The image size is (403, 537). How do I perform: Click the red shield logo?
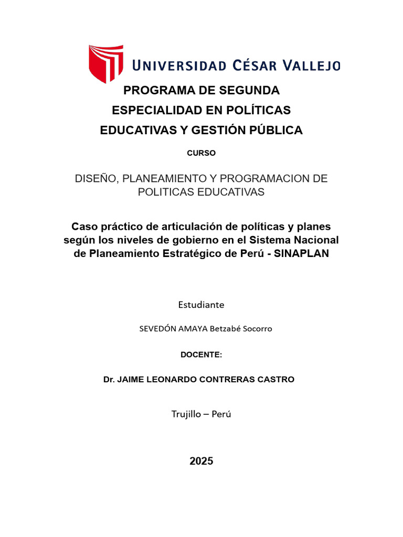106,63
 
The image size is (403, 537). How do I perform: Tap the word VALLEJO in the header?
312,66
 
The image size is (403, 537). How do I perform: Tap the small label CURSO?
201,153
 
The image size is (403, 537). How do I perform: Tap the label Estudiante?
201,304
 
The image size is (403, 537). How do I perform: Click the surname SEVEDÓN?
156,329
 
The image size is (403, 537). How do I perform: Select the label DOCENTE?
201,355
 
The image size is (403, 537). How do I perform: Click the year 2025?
201,461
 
